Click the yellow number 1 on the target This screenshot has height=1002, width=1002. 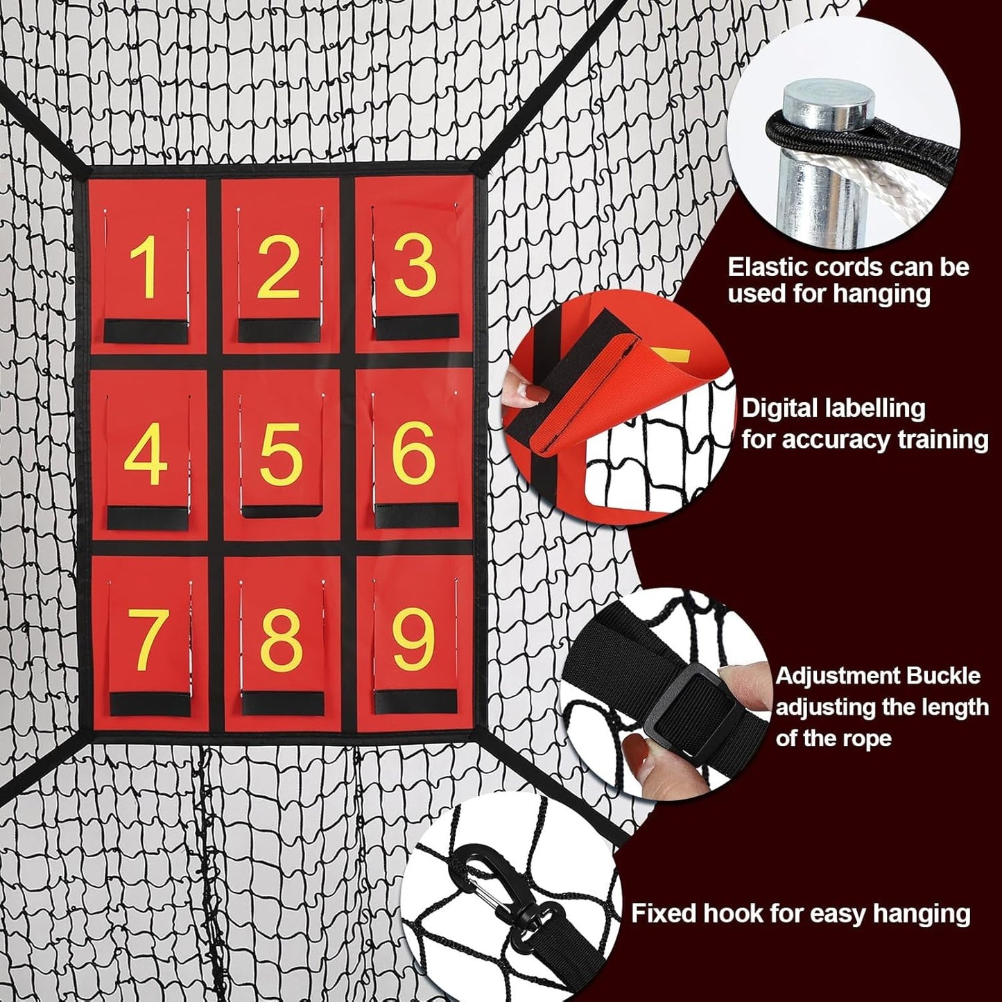(x=146, y=268)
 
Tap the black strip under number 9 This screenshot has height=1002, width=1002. (x=416, y=702)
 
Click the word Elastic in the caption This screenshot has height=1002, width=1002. (x=769, y=267)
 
